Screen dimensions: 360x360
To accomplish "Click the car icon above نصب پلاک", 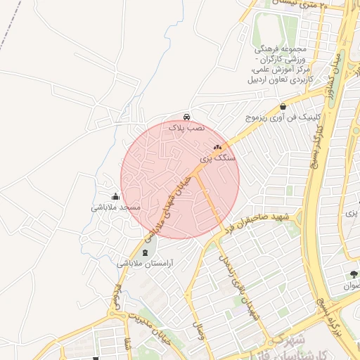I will tap(186, 116).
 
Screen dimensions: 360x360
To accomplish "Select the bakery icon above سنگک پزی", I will tap(217, 147).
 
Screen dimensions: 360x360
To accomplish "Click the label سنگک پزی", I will tap(219, 159).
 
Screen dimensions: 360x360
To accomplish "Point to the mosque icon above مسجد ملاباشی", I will tap(115, 196).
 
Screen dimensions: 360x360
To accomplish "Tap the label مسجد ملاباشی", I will tap(116, 208).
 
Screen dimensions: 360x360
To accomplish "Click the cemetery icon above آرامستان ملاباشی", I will tap(146, 252).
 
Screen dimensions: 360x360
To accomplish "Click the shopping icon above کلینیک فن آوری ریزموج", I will tap(283, 107).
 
